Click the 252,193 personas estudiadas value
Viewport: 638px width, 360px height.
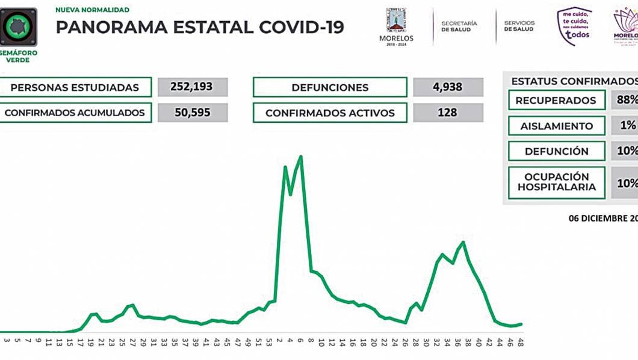point(193,87)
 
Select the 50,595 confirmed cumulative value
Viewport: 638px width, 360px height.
point(193,113)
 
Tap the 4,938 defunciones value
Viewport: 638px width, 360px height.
point(448,87)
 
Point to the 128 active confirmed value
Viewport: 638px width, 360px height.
point(448,113)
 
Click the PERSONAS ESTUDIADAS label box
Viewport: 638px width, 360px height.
point(75,87)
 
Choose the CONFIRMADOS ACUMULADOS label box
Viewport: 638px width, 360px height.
point(75,113)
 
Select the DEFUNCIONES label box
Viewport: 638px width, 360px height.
point(330,87)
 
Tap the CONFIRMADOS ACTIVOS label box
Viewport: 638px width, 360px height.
point(330,113)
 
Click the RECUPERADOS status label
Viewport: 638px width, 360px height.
point(556,101)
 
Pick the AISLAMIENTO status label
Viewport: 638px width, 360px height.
point(556,126)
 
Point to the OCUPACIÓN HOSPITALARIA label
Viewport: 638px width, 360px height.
point(556,182)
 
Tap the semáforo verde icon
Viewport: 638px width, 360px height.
point(18,26)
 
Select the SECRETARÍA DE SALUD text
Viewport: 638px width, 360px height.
point(459,26)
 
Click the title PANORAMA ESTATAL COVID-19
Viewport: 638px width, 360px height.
point(200,28)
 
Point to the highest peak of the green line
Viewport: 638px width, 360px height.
point(300,157)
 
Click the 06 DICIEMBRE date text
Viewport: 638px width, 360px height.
point(602,219)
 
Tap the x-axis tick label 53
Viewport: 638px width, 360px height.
point(269,342)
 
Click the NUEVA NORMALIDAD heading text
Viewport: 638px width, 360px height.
point(92,10)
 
